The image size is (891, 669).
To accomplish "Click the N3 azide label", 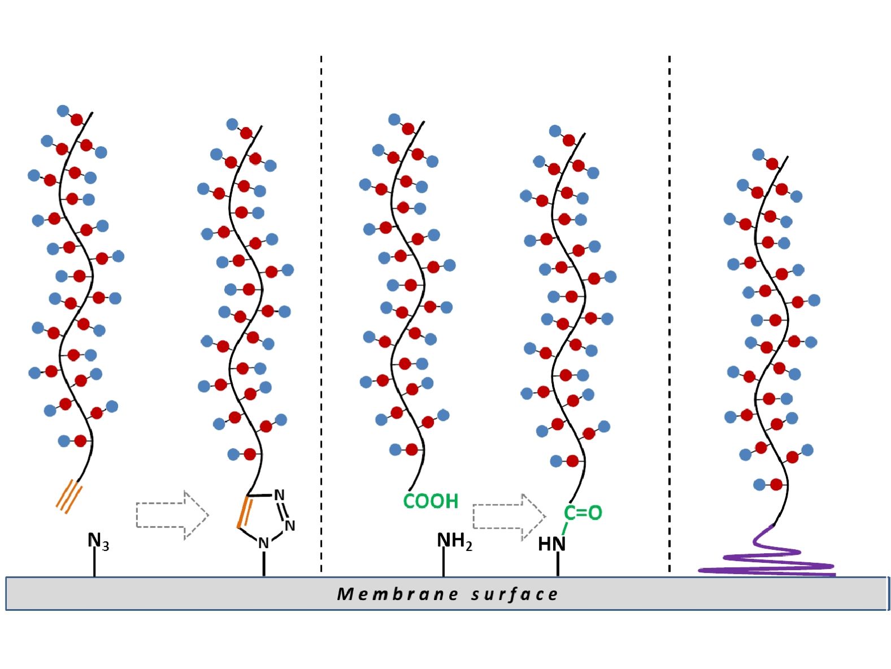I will pyautogui.click(x=97, y=541).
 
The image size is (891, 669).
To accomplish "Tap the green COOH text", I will pyautogui.click(x=431, y=501).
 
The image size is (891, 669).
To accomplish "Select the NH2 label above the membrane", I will pyautogui.click(x=453, y=541).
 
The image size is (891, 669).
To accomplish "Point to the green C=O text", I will pyautogui.click(x=583, y=512).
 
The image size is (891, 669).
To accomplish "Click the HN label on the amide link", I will pyautogui.click(x=551, y=544).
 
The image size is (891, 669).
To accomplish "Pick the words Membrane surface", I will pyautogui.click(x=447, y=594).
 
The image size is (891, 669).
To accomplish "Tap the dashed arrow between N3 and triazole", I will pyautogui.click(x=172, y=515).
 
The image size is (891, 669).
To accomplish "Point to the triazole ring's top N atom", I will pyautogui.click(x=279, y=495).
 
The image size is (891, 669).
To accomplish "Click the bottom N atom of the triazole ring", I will pyautogui.click(x=263, y=543).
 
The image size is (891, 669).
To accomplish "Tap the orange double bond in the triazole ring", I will pyautogui.click(x=244, y=512).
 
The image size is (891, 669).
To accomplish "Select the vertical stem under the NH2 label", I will pyautogui.click(x=444, y=562).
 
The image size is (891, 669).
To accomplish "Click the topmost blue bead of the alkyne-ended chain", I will pyautogui.click(x=63, y=111).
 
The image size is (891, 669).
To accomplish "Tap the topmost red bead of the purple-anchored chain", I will pyautogui.click(x=772, y=164).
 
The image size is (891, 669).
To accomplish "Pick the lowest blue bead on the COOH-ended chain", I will pyautogui.click(x=395, y=450).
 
